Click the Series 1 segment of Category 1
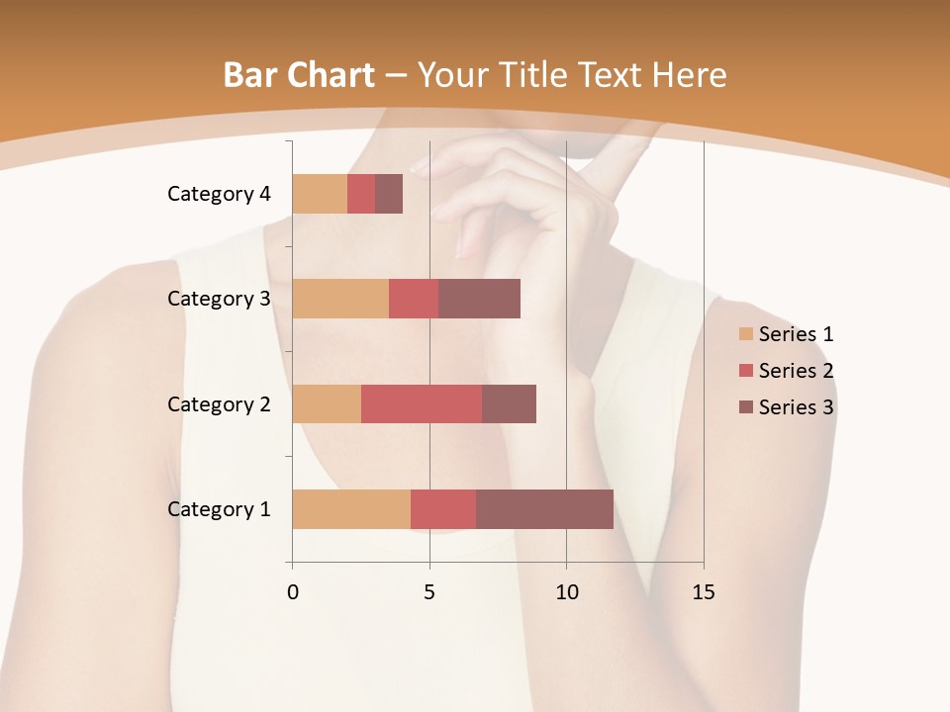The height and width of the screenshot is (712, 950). [x=351, y=509]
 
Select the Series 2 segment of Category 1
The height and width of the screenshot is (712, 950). [x=443, y=509]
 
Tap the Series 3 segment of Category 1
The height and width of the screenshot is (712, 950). [x=544, y=509]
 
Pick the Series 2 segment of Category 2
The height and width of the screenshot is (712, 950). [x=422, y=403]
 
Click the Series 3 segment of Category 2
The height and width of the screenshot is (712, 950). [x=509, y=403]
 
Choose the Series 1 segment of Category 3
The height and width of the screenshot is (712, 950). [x=340, y=299]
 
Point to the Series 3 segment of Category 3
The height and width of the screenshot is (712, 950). [x=479, y=299]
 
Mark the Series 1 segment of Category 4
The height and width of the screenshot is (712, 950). [x=320, y=194]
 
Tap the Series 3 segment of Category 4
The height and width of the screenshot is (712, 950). [x=389, y=194]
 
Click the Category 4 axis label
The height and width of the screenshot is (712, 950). [x=219, y=194]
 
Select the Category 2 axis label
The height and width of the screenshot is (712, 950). [x=219, y=403]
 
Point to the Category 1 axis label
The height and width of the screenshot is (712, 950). [x=219, y=509]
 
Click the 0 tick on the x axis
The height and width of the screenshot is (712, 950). [x=292, y=592]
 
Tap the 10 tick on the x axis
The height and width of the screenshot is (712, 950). [x=566, y=592]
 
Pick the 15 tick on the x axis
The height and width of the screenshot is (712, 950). [x=703, y=592]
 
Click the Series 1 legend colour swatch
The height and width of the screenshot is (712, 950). [x=745, y=334]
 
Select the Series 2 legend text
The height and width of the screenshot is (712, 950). [x=796, y=371]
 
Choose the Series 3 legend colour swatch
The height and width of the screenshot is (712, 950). [x=745, y=407]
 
